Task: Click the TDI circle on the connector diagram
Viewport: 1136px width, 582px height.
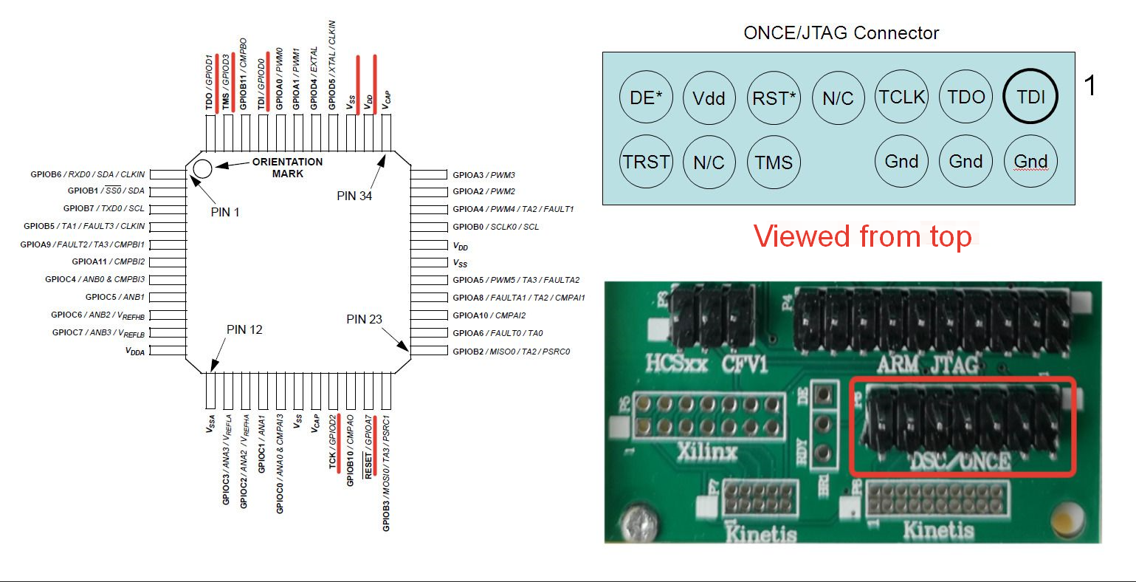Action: (x=1030, y=97)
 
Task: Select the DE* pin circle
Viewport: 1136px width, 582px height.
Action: (x=646, y=97)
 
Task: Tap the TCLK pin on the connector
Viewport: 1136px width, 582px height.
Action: (x=902, y=97)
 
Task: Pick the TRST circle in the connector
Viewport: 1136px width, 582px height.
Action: (x=646, y=162)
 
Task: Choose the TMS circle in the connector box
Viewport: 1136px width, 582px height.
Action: (x=774, y=162)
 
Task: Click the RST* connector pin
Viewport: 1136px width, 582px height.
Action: (x=774, y=97)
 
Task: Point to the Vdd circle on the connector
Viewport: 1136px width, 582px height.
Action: (x=709, y=97)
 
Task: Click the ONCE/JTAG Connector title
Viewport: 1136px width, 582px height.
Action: (x=841, y=33)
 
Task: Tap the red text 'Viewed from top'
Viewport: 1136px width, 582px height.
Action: (x=862, y=237)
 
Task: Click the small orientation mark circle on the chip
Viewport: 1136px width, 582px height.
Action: (x=202, y=169)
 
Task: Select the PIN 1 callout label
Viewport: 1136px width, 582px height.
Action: (x=225, y=212)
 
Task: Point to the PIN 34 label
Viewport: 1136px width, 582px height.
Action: (x=354, y=196)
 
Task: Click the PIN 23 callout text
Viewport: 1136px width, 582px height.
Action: (x=364, y=319)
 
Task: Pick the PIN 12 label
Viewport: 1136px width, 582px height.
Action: (x=244, y=329)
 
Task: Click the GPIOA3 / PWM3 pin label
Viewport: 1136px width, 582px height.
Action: (x=483, y=175)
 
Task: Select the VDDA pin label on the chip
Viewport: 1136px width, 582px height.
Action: (x=135, y=352)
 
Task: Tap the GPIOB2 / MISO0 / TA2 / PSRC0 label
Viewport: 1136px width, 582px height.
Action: (x=511, y=352)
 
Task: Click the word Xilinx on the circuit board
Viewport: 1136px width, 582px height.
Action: (x=706, y=451)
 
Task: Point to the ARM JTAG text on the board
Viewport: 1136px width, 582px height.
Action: (x=927, y=364)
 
